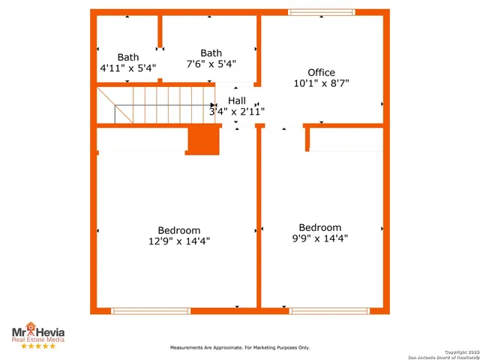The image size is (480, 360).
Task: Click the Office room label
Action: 321,73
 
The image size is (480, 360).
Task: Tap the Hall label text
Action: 237,100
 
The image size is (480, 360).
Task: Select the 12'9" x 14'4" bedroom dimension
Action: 179,241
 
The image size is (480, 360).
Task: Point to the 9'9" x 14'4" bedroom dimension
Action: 319,238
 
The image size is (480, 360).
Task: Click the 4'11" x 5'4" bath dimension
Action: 128,67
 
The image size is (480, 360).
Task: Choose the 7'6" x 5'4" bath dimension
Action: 211,64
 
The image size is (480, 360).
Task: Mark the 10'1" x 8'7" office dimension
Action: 321,83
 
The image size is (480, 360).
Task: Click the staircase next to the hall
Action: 157,104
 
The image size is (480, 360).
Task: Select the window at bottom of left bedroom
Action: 151,310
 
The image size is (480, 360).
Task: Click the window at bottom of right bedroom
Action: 329,310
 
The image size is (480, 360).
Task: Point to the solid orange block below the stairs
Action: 202,140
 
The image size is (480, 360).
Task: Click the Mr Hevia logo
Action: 37,333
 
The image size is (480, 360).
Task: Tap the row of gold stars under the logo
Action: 37,346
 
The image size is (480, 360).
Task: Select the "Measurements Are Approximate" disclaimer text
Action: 239,348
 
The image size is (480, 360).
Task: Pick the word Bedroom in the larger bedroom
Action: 179,230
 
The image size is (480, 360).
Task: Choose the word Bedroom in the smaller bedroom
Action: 319,227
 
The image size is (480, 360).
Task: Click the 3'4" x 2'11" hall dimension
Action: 237,111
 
